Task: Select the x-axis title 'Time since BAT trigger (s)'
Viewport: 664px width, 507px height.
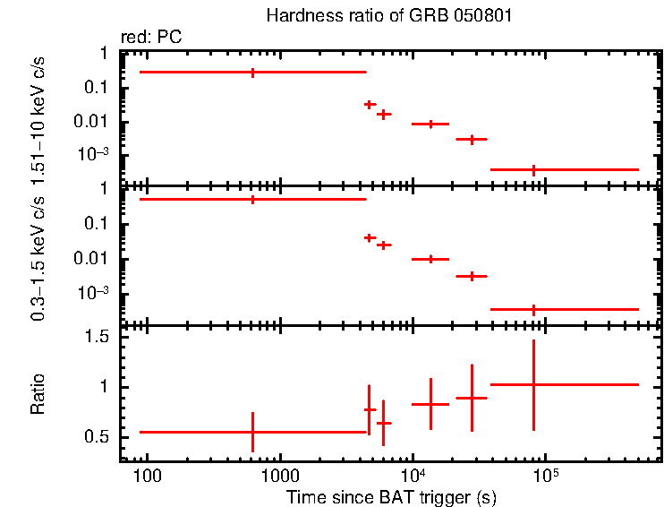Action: [x=391, y=496]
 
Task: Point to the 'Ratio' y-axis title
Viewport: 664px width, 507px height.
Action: [x=38, y=393]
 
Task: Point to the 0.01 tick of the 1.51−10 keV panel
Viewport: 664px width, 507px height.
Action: [x=95, y=122]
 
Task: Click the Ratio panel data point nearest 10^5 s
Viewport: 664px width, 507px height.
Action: [x=533, y=384]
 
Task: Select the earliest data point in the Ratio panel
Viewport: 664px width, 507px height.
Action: [x=252, y=432]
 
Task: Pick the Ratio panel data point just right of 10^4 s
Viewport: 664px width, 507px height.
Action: [x=430, y=405]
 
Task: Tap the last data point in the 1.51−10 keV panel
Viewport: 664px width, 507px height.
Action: [x=533, y=169]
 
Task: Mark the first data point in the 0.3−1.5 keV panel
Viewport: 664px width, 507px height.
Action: [x=252, y=199]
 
